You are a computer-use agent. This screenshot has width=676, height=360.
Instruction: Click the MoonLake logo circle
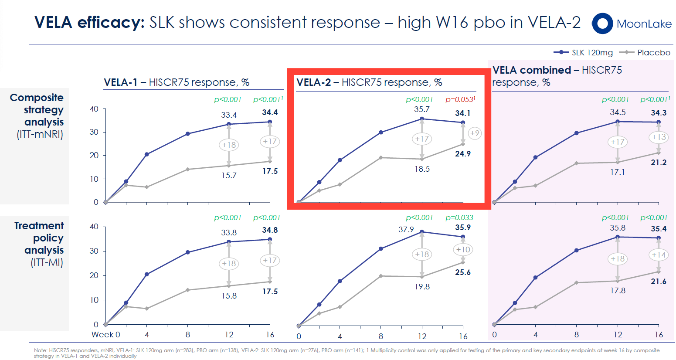pos(602,24)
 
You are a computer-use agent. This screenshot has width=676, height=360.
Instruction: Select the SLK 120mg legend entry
pos(584,53)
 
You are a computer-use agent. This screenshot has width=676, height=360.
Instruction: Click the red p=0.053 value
pos(460,99)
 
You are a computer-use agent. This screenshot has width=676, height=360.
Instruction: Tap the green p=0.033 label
pos(459,217)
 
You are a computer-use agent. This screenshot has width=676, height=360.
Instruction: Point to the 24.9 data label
pos(463,154)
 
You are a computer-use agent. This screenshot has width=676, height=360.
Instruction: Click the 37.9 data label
pos(406,229)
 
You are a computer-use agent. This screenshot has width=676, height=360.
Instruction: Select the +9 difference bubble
pos(475,133)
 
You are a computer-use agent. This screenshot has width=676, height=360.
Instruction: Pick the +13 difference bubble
pos(659,137)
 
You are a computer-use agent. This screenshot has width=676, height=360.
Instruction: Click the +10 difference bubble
pos(463,250)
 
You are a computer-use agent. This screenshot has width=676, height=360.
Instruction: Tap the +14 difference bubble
pos(659,255)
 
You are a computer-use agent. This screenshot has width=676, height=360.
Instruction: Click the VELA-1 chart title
pos(177,82)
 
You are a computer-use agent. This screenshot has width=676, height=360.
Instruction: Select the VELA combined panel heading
pos(557,76)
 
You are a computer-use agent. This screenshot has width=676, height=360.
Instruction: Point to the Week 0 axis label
pos(105,335)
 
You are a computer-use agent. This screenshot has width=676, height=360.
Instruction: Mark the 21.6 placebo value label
pos(659,282)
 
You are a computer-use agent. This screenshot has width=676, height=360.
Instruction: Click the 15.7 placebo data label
pos(229,176)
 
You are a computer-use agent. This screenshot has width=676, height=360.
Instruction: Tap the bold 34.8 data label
pos(270,230)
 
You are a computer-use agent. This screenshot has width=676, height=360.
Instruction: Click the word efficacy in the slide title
pos(111,22)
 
